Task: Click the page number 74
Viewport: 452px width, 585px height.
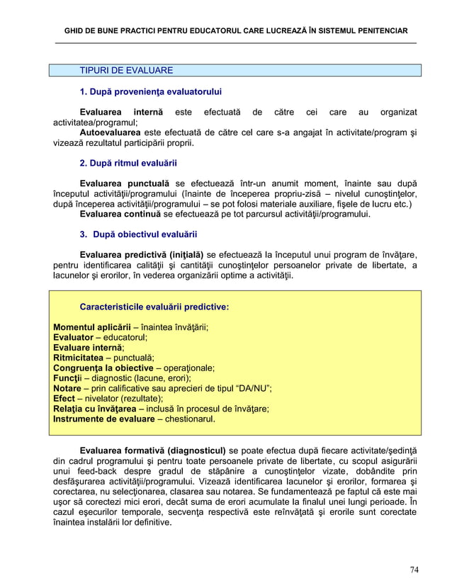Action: pos(414,569)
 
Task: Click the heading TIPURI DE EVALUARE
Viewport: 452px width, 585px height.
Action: pos(126,71)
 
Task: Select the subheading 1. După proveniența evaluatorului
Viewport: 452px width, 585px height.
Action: pos(151,92)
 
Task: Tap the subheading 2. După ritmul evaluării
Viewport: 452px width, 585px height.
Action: pos(128,163)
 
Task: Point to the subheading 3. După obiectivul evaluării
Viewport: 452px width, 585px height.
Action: pos(138,234)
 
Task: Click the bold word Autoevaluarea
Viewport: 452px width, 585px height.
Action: pos(111,132)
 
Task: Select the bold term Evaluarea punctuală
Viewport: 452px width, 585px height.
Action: pos(125,183)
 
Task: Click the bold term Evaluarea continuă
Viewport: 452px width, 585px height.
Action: pos(121,214)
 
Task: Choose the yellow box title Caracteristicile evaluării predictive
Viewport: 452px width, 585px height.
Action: pos(154,307)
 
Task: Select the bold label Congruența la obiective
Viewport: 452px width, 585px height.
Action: pos(103,368)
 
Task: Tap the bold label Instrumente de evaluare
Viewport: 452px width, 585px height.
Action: pos(103,419)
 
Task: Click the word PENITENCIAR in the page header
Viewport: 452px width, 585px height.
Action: pos(378,32)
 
